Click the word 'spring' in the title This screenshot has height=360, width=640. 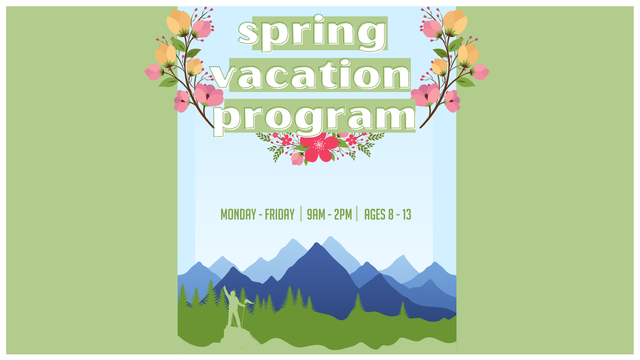[312, 34]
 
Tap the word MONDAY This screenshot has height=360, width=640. [238, 214]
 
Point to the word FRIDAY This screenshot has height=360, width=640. [280, 214]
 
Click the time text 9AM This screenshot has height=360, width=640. [316, 214]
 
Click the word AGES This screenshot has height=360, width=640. [375, 214]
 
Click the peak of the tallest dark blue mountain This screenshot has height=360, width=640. [316, 243]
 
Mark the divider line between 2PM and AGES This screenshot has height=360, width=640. [357, 214]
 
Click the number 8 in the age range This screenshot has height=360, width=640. [390, 214]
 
